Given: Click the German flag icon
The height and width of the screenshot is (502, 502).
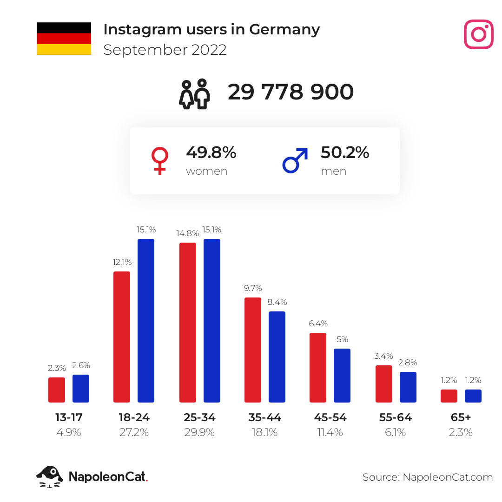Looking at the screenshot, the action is tap(64, 39).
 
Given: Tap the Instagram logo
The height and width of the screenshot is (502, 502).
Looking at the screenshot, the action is tap(479, 34).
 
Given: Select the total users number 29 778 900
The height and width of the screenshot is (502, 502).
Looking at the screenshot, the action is tap(291, 92).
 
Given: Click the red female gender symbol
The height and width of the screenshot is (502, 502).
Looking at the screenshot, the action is tap(160, 160).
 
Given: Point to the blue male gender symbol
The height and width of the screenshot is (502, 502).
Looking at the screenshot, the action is tap(295, 160).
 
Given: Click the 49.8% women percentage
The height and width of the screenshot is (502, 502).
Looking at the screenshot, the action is tap(211, 152).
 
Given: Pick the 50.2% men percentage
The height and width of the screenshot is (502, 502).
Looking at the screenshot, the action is tap(345, 152).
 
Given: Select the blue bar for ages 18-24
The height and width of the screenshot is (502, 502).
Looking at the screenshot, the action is tap(146, 320).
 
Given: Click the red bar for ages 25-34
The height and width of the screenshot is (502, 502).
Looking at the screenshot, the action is tap(188, 323).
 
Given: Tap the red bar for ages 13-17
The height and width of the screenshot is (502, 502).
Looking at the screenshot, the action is tap(57, 390).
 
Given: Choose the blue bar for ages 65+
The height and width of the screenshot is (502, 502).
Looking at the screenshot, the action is tap(473, 396).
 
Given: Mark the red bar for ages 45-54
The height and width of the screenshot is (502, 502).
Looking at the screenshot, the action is tap(318, 368).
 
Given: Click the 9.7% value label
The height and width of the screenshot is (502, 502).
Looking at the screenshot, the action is tap(253, 288).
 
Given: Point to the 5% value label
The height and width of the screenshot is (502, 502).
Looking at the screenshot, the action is tap(342, 339).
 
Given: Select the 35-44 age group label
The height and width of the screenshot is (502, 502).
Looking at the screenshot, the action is tap(265, 417).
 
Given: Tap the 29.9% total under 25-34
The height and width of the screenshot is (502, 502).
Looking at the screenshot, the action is tap(199, 433).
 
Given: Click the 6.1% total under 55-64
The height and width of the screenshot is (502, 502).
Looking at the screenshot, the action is tap(396, 433).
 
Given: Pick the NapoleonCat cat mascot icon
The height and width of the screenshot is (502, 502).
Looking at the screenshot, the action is tap(50, 477).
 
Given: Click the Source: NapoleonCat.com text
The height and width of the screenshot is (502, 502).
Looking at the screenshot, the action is tap(428, 477).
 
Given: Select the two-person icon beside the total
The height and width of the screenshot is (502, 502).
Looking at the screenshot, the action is tap(194, 94).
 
